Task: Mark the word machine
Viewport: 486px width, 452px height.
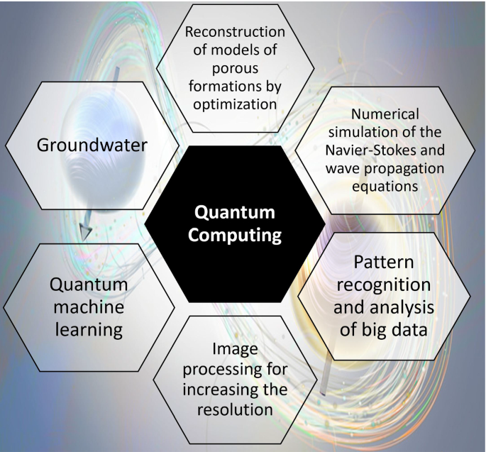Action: tap(88, 308)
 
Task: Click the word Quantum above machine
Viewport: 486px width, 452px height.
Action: tap(88, 285)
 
